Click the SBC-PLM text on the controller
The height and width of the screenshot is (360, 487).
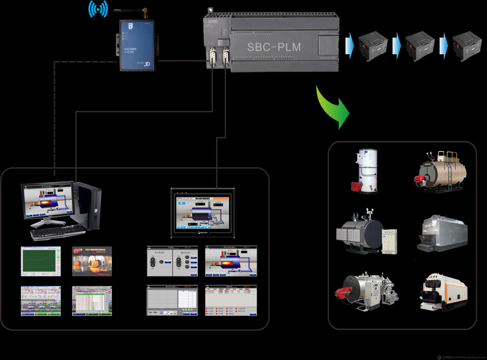[x=274, y=47]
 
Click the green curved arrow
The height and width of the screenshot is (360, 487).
[x=334, y=105]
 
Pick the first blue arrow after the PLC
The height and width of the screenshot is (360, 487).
[x=350, y=44]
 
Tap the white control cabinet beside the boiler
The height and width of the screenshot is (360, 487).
[x=388, y=241]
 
